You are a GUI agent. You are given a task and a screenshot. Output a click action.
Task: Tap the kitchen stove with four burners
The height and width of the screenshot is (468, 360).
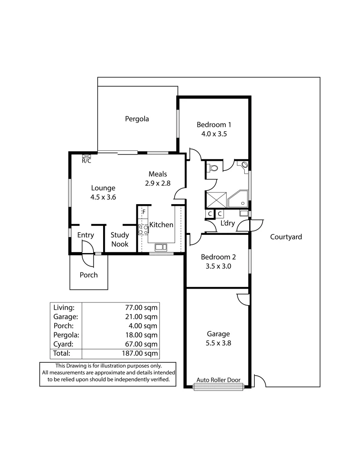click(x=143, y=230)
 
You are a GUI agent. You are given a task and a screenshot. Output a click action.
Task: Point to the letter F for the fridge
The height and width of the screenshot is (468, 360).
click(x=143, y=212)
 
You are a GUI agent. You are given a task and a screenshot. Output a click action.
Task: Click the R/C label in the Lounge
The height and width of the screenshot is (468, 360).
click(x=87, y=161)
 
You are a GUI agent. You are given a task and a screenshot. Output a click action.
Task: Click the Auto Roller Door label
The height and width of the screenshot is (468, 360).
click(x=218, y=380)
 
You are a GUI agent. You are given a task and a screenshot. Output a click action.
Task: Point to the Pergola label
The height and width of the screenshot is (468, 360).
click(x=137, y=119)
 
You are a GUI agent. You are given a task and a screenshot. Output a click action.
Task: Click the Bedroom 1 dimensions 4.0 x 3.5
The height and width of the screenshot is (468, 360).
click(x=214, y=134)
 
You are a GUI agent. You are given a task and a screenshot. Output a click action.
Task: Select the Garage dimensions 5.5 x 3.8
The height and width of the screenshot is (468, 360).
click(x=218, y=343)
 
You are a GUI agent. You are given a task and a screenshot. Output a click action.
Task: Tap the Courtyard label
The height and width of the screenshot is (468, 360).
click(x=286, y=237)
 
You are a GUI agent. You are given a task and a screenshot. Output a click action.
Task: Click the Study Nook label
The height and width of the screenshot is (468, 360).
click(x=120, y=240)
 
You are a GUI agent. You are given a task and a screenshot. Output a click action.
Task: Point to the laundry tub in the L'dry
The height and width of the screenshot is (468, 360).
click(x=244, y=213)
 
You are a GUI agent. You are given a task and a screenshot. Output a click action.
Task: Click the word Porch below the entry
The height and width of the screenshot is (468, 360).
click(x=88, y=275)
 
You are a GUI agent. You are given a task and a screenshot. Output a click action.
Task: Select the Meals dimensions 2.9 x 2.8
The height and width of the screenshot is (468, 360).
click(x=158, y=183)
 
